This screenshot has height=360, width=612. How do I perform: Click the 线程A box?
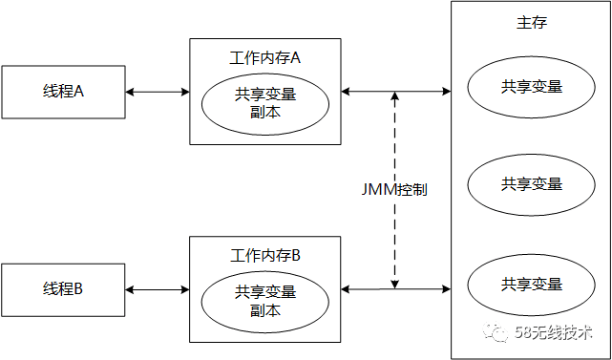[63, 92]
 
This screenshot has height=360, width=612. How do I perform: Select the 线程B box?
[63, 288]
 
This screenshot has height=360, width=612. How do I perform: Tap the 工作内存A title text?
[265, 58]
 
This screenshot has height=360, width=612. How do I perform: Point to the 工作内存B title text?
[265, 255]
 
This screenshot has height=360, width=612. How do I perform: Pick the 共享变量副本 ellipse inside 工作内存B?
[264, 301]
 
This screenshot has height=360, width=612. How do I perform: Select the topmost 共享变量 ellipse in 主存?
[531, 86]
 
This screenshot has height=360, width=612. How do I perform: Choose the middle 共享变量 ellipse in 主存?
[531, 183]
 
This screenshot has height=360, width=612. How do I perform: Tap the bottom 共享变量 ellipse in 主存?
[531, 284]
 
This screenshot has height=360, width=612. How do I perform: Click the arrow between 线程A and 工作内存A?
[158, 92]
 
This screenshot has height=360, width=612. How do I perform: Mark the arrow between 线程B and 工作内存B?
[158, 288]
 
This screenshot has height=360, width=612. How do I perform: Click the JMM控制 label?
[394, 189]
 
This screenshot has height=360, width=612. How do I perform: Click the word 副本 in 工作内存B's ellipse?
[264, 310]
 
